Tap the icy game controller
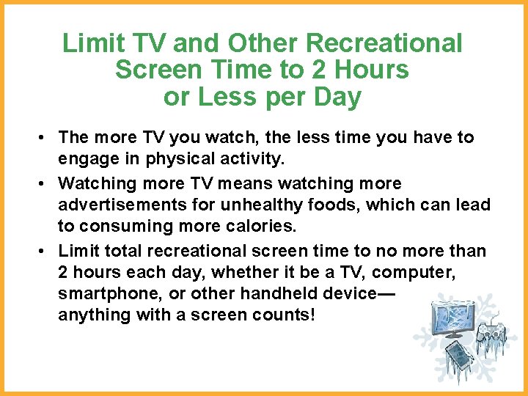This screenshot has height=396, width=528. click(491, 335)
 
